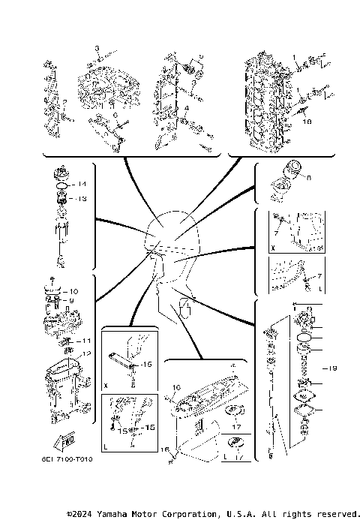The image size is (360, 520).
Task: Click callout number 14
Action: click(83, 184)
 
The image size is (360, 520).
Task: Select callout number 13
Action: click(83, 199)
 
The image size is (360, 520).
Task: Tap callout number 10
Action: click(73, 290)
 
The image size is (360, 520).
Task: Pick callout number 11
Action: click(86, 341)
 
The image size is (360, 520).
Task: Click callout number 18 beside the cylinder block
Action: click(306, 119)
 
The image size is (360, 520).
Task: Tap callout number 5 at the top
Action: click(199, 57)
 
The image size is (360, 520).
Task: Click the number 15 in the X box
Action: click(147, 364)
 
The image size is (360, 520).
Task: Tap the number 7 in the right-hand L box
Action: click(321, 276)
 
